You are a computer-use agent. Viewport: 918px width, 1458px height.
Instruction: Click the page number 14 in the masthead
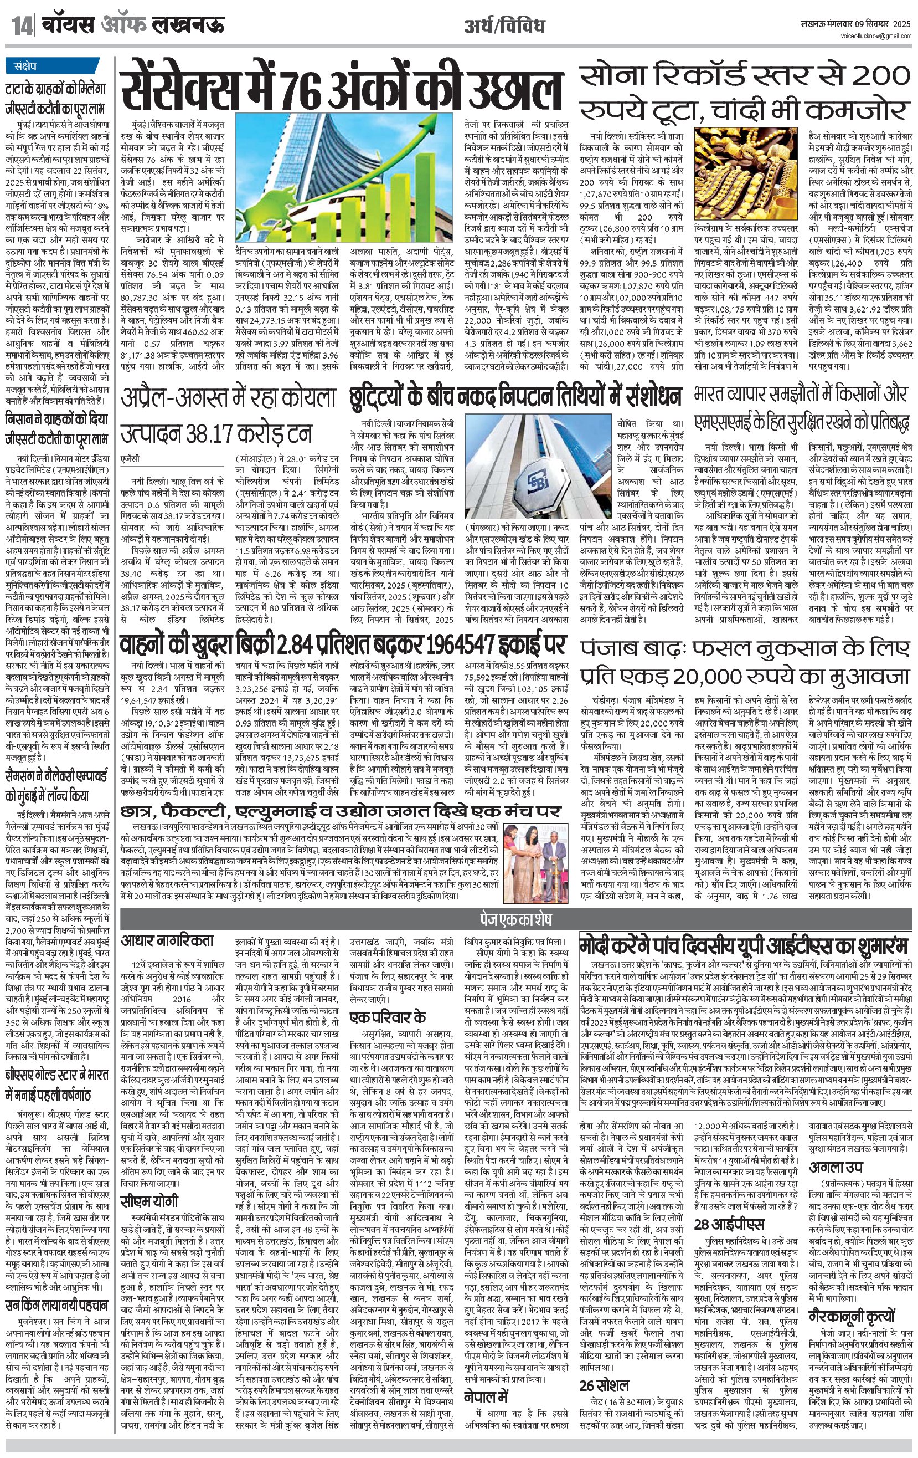(18, 25)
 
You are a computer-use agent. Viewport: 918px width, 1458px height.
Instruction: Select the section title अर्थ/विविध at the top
(505, 25)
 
